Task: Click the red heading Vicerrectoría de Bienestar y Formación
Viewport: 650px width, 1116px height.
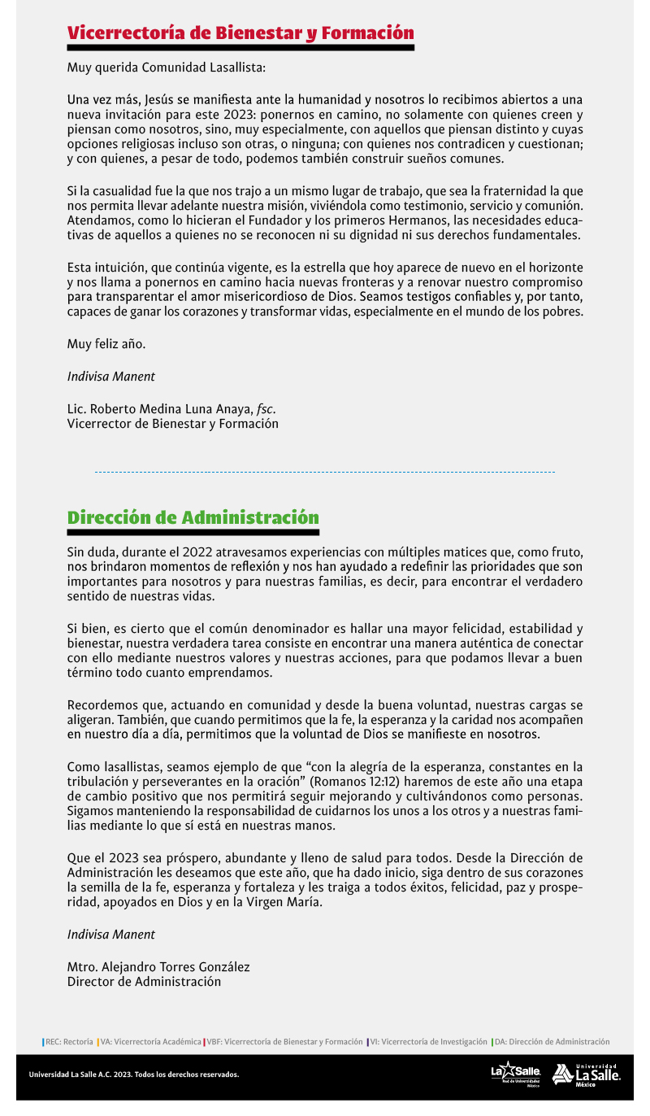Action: point(240,33)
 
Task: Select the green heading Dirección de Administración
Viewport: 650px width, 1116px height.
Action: point(193,518)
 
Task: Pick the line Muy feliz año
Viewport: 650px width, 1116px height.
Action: point(106,344)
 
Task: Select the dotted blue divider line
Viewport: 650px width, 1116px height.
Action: point(325,472)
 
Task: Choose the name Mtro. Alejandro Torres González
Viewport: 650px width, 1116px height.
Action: point(158,967)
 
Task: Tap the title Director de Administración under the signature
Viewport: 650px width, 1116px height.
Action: point(144,982)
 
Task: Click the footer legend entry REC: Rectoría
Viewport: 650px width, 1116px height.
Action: point(68,1041)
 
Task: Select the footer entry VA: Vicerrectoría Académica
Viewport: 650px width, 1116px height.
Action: point(150,1041)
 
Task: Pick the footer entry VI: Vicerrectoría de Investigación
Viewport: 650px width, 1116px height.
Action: point(427,1041)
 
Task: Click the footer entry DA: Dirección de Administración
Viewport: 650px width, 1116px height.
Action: point(551,1041)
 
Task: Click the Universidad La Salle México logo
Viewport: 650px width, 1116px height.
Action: point(587,1075)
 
